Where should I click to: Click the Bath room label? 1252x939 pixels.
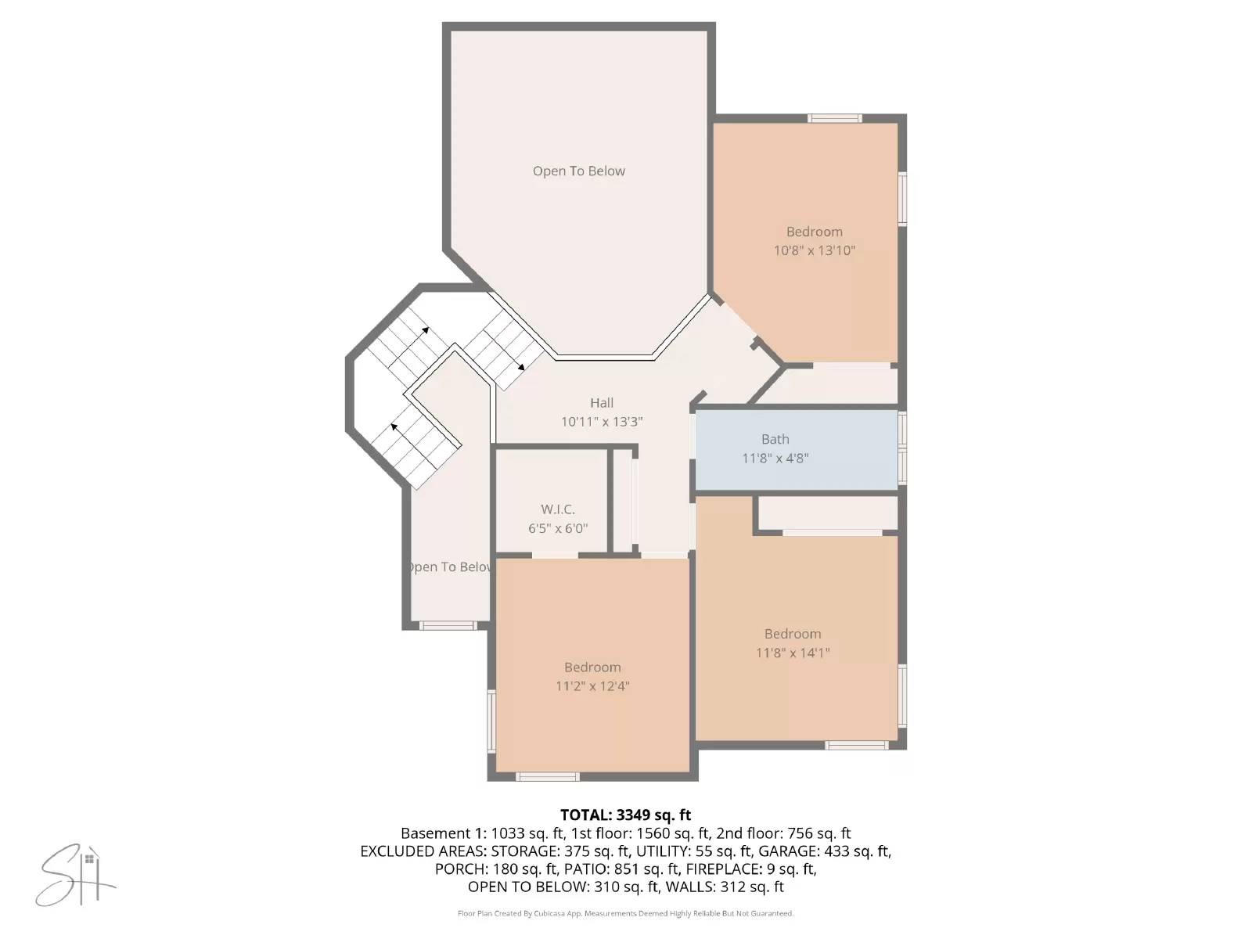point(775,439)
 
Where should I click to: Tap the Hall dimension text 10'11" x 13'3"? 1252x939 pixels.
point(602,422)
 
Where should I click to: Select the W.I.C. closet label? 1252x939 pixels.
point(557,509)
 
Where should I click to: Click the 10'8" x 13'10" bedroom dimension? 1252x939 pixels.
point(814,250)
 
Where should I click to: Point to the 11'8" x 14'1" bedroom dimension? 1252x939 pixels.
point(792,653)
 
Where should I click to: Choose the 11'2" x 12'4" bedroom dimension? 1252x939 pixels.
point(592,686)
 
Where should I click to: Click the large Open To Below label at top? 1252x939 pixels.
point(578,171)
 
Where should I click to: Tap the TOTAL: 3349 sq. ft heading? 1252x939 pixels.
point(625,815)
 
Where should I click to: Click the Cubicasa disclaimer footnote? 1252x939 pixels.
point(625,913)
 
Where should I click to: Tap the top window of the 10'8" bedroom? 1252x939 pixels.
point(834,119)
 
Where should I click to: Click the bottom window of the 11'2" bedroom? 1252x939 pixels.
point(548,776)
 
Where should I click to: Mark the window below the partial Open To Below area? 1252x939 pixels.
point(447,625)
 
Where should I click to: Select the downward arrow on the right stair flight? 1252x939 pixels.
point(520,366)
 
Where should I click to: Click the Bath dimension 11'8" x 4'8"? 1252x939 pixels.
point(775,459)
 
